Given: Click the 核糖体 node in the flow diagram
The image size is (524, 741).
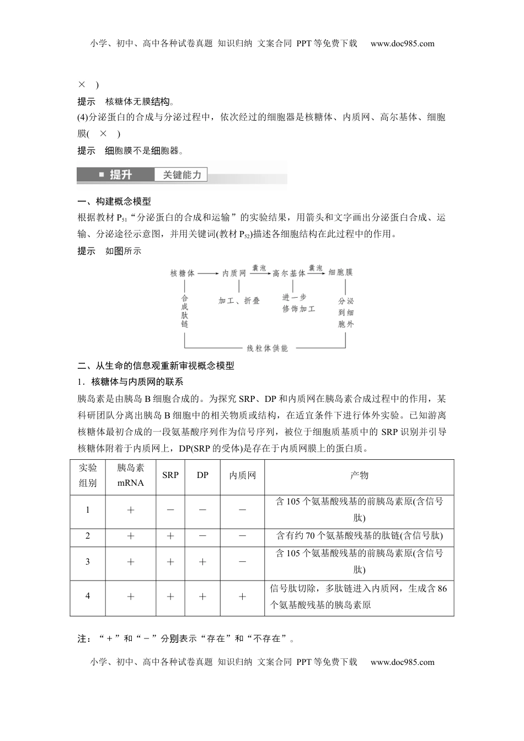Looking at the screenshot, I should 183,273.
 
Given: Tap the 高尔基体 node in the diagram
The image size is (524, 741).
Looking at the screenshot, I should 289,273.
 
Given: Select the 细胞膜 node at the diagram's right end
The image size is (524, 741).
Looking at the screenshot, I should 340,272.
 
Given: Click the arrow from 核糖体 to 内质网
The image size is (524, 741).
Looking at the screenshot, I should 208,273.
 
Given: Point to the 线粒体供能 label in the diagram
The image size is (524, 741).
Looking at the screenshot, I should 267,348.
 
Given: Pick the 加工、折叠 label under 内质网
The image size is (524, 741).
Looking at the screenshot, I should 239,301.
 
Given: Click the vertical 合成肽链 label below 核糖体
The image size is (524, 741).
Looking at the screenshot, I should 185,312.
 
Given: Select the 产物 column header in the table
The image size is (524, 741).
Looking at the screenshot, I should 359,475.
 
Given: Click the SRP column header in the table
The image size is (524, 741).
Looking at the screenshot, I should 170,475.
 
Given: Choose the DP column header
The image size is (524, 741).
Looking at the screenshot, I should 202,475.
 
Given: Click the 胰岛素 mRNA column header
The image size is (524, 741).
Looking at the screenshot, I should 131,475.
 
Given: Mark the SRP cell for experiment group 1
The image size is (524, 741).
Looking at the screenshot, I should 170,510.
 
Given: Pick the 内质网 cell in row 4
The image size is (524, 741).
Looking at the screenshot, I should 242,597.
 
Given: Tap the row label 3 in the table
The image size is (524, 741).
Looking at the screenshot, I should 88,562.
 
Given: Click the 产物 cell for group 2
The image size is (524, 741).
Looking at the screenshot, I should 359,536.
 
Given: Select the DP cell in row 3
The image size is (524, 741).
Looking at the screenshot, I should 202,562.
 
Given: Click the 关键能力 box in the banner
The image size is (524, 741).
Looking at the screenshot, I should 182,175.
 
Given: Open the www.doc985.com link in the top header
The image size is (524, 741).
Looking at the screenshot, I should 402,44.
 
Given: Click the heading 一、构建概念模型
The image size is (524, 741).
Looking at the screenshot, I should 114,201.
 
